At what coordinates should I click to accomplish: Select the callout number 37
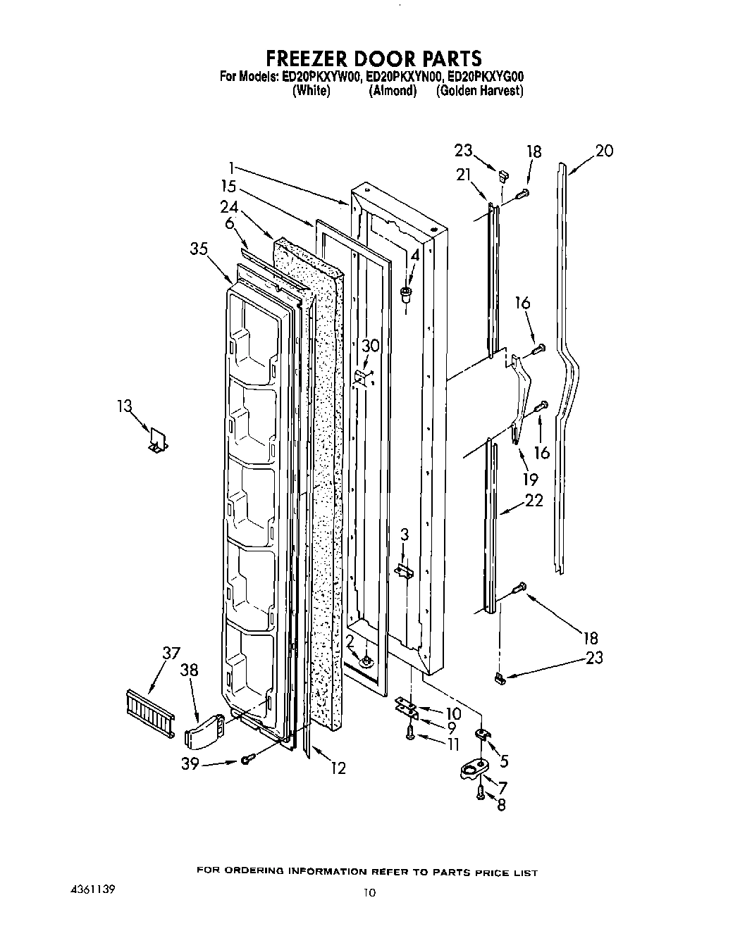tap(171, 654)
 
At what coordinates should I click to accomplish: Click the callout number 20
tap(604, 150)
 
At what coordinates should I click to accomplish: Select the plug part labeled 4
tap(406, 294)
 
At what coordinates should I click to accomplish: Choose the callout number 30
tap(371, 345)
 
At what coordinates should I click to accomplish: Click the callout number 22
tap(534, 501)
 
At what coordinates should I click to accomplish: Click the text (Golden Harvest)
tap(479, 91)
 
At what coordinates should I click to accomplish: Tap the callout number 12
tap(338, 768)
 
